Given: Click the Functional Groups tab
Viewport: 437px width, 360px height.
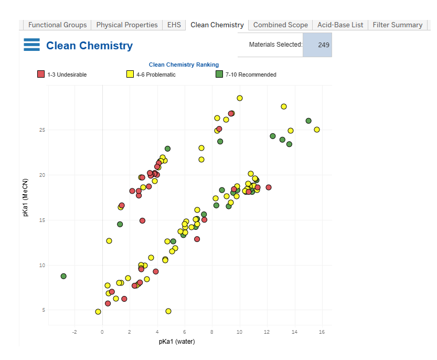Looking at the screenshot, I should (57, 25).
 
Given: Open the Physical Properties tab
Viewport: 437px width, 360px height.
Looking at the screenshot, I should (127, 25).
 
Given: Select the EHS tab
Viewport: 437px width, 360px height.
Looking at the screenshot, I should (174, 25).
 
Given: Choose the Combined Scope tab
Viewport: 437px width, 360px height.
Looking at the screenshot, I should (281, 25).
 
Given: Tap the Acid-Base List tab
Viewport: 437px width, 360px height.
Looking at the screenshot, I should (340, 25).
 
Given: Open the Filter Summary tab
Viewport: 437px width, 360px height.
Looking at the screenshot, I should (397, 25).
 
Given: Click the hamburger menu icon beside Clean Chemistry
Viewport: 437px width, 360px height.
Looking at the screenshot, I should (32, 45).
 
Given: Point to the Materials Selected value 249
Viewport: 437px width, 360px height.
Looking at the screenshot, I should (323, 45).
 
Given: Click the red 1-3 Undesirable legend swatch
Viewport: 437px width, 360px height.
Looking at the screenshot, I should (41, 74).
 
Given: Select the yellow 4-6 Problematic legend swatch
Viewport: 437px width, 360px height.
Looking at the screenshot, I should (130, 74).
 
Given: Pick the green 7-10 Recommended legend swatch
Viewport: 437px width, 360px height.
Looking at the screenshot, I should (219, 74).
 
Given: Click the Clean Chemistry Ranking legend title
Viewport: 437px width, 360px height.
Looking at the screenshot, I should (184, 65).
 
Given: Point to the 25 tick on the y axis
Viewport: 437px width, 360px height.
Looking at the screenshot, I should (42, 130).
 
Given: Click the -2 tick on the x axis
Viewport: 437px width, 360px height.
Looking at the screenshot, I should (74, 332).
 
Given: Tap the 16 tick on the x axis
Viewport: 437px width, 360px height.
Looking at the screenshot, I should (322, 332).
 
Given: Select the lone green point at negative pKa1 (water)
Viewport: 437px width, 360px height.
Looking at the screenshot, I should (63, 276).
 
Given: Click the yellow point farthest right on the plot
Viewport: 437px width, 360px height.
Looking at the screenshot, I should (317, 130).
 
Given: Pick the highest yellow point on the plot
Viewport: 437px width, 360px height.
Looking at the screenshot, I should (240, 98).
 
